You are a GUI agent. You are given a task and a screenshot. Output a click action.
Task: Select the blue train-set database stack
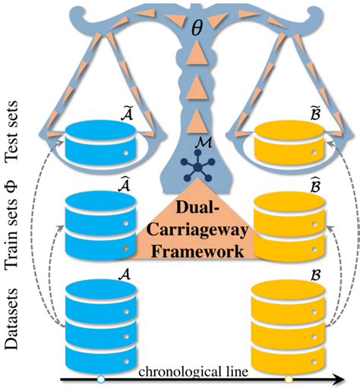(96, 226)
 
